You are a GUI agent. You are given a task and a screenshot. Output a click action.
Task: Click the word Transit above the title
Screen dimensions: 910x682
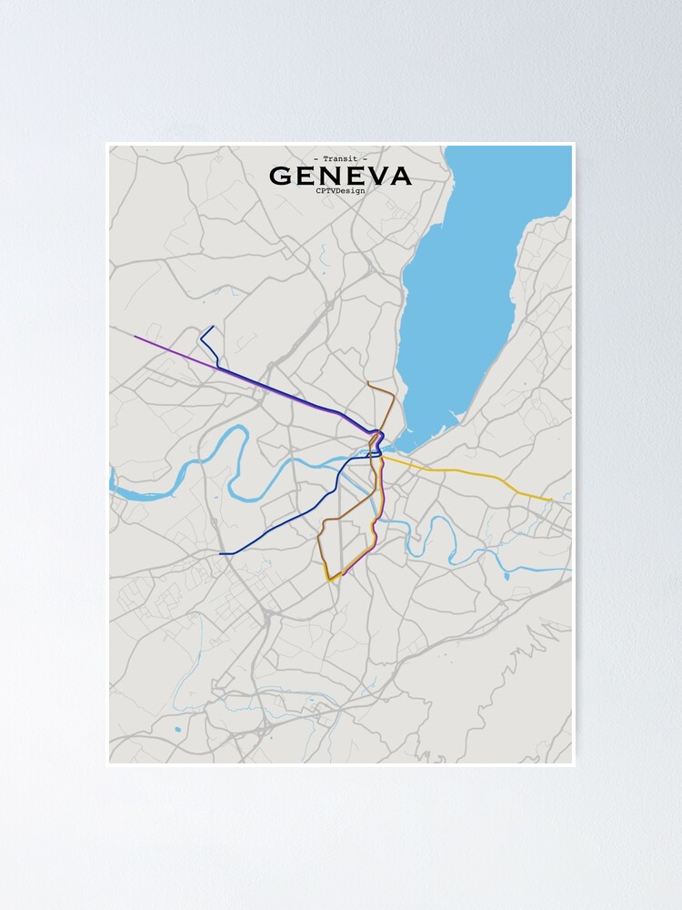(x=340, y=159)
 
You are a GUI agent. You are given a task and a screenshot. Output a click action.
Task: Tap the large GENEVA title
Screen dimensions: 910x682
(x=340, y=176)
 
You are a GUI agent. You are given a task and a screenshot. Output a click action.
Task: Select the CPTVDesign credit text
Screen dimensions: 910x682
(x=340, y=190)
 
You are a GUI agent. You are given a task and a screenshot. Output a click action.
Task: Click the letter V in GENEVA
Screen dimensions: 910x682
(x=374, y=176)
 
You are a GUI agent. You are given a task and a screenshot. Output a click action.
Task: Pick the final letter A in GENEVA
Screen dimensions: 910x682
(x=399, y=176)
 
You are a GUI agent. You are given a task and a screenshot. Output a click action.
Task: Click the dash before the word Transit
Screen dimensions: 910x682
(x=315, y=159)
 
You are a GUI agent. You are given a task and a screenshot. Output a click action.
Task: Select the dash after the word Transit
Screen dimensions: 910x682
(x=366, y=159)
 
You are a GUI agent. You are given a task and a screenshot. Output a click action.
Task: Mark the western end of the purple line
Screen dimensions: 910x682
(x=135, y=337)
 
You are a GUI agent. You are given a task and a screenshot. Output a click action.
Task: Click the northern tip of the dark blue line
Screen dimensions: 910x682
(x=212, y=327)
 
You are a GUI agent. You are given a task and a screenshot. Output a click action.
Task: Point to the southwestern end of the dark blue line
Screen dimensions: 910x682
(x=221, y=553)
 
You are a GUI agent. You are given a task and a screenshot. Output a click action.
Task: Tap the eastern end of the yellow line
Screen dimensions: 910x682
(x=551, y=500)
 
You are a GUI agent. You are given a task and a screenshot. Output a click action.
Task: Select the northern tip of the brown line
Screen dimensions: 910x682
(x=368, y=384)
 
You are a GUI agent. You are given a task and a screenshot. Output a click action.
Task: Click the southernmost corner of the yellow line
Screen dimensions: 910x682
(x=329, y=580)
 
